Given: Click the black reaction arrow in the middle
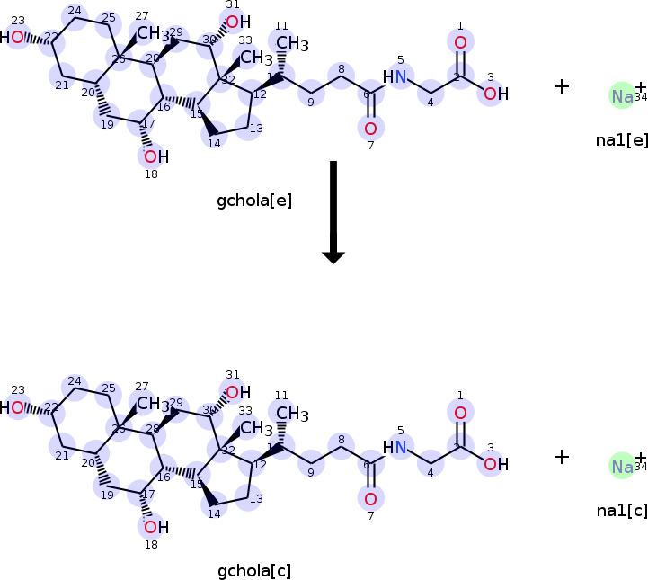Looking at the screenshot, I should point(333,211).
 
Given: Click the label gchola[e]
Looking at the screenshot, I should point(254,201).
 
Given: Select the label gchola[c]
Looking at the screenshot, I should point(254,571).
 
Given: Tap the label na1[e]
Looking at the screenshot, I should point(621,140).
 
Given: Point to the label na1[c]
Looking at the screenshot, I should point(621,511).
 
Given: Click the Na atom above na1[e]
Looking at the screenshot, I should point(622,95).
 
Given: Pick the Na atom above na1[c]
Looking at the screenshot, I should point(622,466).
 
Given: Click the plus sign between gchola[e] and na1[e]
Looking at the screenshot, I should point(562,86).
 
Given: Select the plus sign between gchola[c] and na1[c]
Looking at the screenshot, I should point(562,457).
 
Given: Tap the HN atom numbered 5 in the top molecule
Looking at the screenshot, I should point(395,77).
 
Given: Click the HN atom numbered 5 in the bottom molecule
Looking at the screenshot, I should point(395,447).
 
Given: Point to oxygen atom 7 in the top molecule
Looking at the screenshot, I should point(370,128).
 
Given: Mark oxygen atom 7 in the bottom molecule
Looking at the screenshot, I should point(370,497).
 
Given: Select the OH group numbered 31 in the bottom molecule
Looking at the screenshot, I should point(235,392).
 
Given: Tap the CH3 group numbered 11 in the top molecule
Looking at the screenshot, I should point(289,43).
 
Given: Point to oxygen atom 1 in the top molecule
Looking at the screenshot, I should point(460,42).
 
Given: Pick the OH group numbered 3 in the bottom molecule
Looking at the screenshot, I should point(493,464).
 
